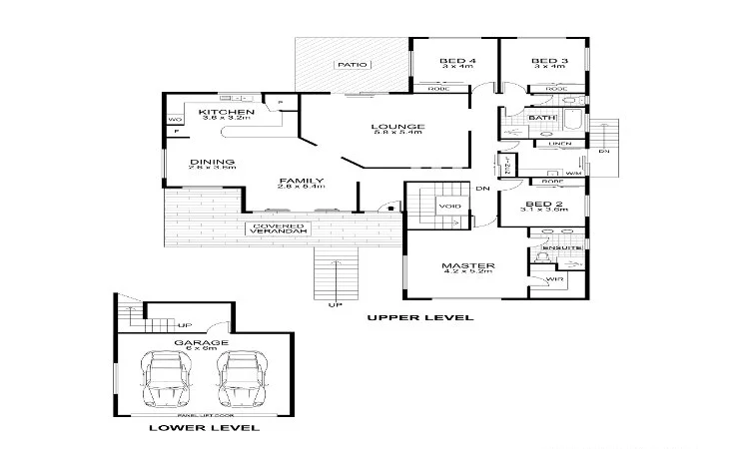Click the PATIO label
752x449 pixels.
[352, 65]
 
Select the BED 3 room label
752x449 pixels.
[549, 62]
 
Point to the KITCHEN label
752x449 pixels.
[220, 112]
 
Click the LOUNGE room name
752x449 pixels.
[397, 127]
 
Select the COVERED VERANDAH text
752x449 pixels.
[279, 228]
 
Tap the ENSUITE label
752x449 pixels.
[555, 246]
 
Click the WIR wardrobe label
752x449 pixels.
[555, 281]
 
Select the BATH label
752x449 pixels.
[542, 119]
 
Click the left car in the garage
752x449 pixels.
[165, 381]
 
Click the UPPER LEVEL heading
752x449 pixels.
[419, 317]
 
